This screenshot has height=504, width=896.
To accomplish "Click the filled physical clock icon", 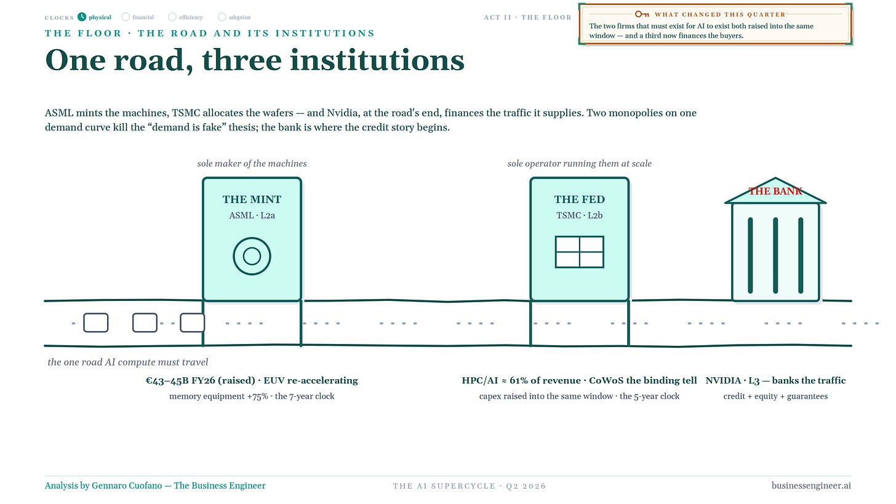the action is pos(82,17).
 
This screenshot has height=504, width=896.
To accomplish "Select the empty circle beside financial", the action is pos(126,17).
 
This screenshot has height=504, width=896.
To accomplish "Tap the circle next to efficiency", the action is pos(172,17).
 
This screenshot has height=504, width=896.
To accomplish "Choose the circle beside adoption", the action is pos(222,17).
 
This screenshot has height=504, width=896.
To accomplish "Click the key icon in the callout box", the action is pos(642,14).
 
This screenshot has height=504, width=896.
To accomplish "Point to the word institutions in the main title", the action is pos(377,60).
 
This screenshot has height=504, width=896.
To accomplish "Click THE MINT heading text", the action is pos(252,199).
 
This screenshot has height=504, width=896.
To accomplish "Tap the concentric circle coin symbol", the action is pos(252,256).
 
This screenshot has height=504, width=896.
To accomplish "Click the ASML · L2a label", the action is pos(252,215).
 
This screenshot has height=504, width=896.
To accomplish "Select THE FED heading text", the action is pos(579,199).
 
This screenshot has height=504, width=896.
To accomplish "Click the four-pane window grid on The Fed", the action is pos(579,252).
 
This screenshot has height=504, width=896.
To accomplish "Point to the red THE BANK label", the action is pos(775,191).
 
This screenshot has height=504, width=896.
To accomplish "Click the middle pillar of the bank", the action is pos(775,255).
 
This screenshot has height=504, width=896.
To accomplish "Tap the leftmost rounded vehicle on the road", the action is pos(96,323).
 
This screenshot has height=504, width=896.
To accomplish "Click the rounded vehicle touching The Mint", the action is pos(193,323).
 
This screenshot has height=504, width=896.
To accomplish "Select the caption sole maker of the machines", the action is pos(252,164).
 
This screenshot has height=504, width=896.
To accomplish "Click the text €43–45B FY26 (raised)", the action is pos(201,380).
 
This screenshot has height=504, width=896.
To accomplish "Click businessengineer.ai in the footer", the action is pos(811,486).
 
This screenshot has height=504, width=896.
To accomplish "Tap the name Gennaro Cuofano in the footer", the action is pos(127,486).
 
